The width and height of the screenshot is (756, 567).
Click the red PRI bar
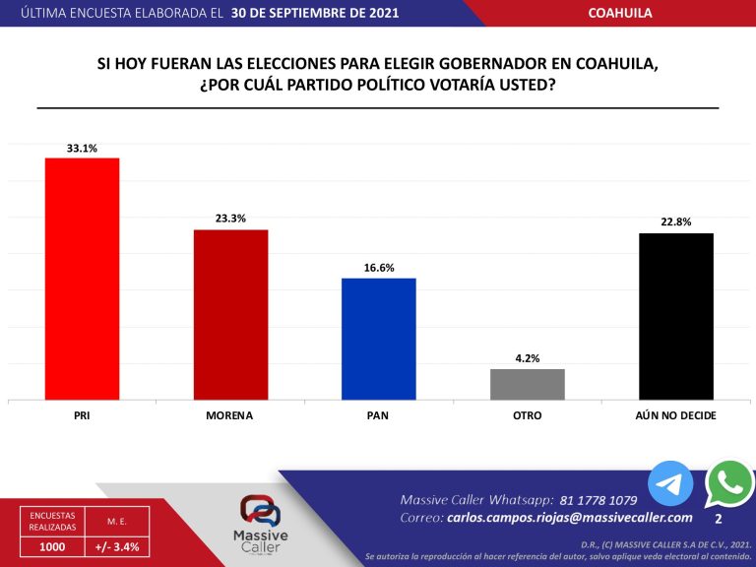[82, 279]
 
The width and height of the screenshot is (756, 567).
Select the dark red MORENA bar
[230, 314]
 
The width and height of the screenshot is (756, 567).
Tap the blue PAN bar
[378, 339]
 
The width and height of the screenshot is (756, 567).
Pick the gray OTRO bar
[527, 384]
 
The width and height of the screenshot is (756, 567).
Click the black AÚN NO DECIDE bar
[675, 316]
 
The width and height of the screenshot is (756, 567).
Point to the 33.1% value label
[82, 148]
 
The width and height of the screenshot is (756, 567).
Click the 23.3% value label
[230, 219]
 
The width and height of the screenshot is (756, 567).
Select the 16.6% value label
[378, 267]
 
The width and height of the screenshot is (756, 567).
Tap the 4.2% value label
[527, 358]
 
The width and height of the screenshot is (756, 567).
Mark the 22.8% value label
[675, 222]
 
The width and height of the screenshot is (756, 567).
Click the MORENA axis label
[229, 415]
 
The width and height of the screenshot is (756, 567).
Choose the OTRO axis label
[527, 415]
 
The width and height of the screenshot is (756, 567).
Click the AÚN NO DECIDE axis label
[675, 415]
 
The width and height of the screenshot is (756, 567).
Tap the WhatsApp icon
[729, 482]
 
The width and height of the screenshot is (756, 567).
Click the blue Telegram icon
[670, 484]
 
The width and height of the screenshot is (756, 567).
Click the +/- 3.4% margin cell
[117, 546]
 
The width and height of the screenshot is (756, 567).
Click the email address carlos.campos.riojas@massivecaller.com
[569, 518]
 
